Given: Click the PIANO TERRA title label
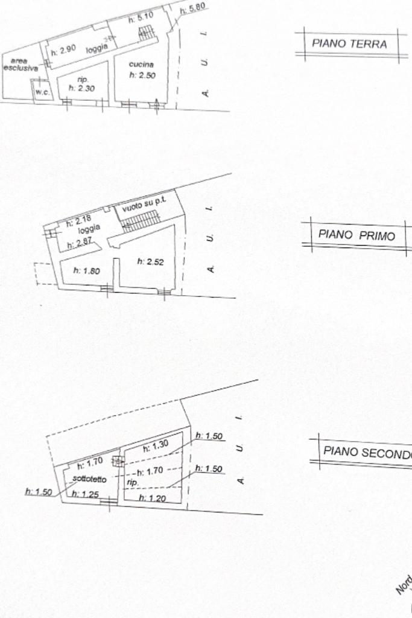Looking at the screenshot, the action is point(349,44).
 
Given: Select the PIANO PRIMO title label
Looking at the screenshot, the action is point(357,235).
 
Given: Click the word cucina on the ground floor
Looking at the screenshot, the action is point(141,65).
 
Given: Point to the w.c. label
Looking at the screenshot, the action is point(42,92).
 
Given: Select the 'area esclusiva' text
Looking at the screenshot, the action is point(20,65).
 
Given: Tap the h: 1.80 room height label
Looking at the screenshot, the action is point(86,271).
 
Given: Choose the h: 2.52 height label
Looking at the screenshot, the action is point(150,261).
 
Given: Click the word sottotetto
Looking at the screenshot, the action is point(89,480).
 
